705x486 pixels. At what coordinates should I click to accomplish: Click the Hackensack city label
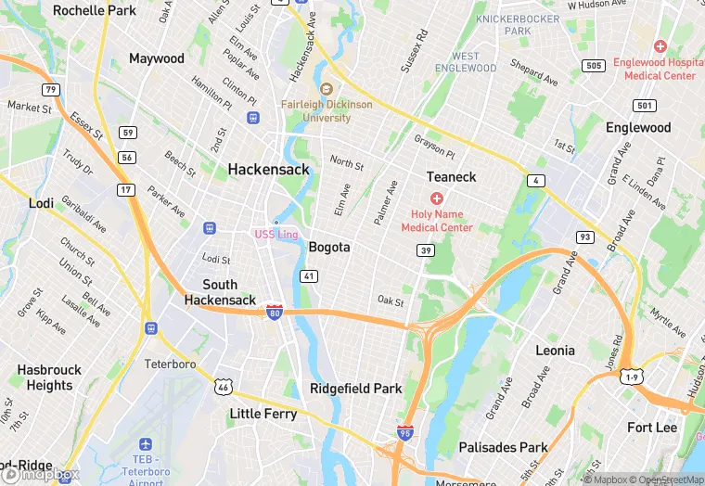tap(268, 169)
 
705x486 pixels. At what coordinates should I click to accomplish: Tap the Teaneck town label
tap(451, 176)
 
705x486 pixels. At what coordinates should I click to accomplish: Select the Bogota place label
tap(329, 247)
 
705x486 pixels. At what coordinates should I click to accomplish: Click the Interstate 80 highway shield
tap(274, 312)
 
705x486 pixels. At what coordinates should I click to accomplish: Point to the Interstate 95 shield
tap(404, 431)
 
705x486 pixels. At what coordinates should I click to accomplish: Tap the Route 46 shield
tap(223, 386)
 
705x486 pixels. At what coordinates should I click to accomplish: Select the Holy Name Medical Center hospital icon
tap(436, 198)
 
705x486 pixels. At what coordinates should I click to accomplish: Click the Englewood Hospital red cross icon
tap(660, 45)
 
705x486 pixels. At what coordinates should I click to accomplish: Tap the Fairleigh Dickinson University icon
tap(326, 89)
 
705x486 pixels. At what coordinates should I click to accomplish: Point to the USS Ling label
tap(276, 234)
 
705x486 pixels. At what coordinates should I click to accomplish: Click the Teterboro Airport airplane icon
tap(145, 445)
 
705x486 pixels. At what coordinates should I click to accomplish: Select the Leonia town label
tap(555, 351)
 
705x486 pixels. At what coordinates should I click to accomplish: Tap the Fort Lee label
tap(652, 427)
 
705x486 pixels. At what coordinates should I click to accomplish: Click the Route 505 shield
tap(594, 66)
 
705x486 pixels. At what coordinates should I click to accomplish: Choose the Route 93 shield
tap(584, 237)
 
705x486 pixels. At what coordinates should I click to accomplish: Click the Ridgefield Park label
tap(356, 389)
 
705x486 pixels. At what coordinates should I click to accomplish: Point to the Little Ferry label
tap(263, 414)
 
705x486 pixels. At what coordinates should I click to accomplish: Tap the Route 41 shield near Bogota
tap(309, 276)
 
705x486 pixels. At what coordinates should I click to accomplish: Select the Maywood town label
tap(157, 58)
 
